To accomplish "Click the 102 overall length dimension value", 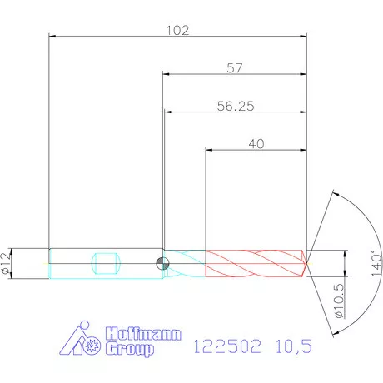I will click(178, 31).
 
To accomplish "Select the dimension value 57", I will click(234, 68).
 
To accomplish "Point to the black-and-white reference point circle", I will click(162, 264).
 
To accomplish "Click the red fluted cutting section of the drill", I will click(254, 263).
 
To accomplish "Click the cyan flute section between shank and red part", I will click(186, 263).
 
